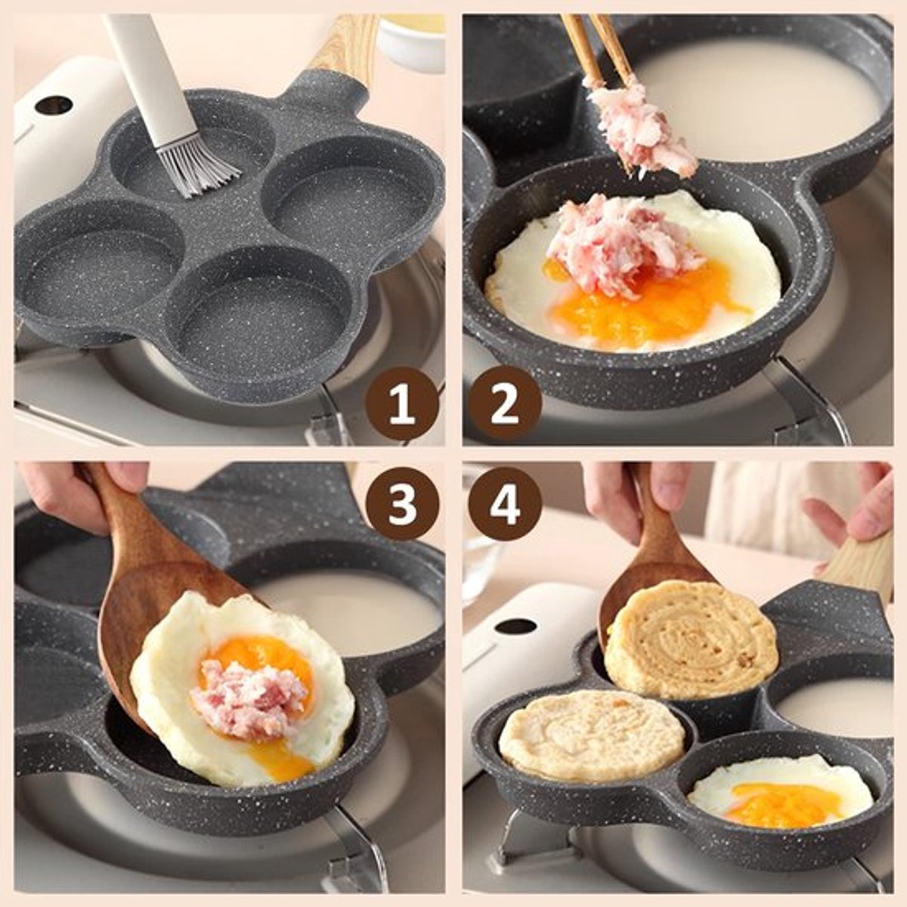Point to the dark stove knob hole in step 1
tap(53, 104)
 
